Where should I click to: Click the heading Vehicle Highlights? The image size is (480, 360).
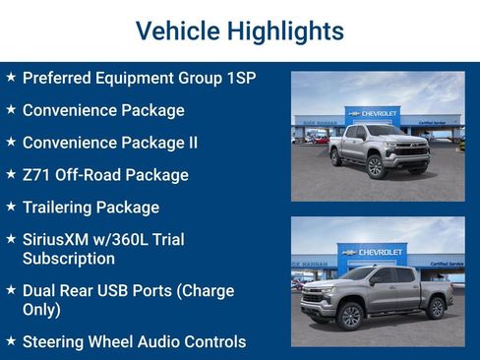(x=239, y=31)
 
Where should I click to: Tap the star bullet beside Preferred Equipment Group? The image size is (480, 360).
(x=10, y=77)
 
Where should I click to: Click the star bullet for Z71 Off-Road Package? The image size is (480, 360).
(x=10, y=174)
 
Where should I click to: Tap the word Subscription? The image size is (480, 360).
(x=69, y=259)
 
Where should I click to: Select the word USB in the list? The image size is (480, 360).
(x=126, y=291)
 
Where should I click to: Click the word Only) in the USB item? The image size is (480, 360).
(x=41, y=310)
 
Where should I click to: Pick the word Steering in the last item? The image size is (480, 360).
(x=55, y=342)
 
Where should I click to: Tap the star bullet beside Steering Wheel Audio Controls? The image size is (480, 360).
(x=10, y=341)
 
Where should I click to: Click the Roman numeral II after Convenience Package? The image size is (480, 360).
(x=192, y=143)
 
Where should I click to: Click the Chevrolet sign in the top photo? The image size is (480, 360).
(x=373, y=114)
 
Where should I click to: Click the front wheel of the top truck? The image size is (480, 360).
(x=375, y=167)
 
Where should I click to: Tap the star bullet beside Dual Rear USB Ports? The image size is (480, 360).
(x=10, y=291)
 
